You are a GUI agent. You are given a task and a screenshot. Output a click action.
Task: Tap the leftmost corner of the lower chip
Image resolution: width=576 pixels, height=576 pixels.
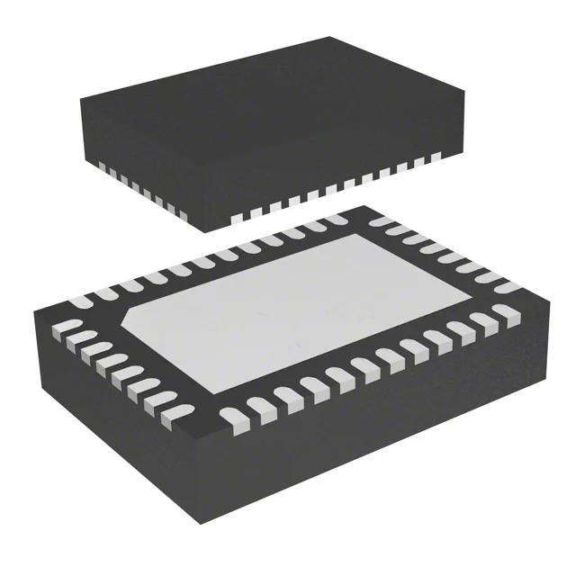coord(36,310)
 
